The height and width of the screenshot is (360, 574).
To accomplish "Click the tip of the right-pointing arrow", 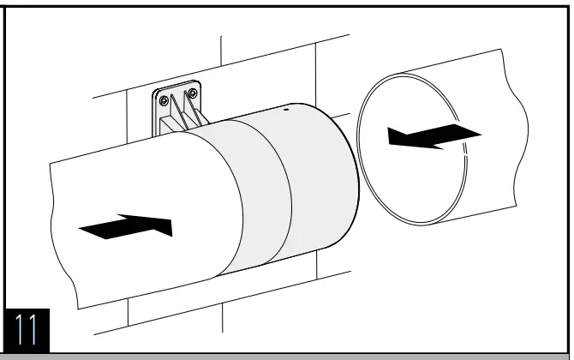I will point(170,226).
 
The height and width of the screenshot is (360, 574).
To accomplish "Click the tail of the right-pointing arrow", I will point(82,229).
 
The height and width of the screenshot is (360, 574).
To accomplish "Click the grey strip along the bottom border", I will point(287,355).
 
